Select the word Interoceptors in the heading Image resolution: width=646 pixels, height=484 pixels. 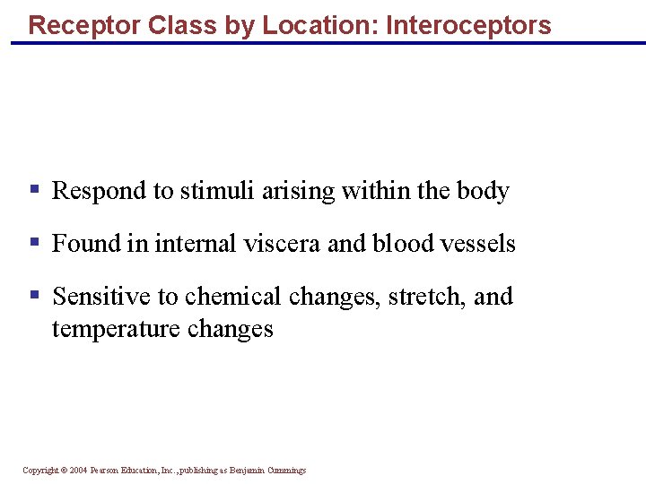pos(468,25)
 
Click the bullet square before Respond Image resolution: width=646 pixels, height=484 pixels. pos(34,189)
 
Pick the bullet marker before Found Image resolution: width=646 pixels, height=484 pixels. pos(34,242)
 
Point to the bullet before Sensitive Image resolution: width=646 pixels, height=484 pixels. pos(34,295)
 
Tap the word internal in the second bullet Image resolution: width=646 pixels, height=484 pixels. pos(186,244)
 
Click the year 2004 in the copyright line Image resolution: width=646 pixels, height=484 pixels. pos(78,471)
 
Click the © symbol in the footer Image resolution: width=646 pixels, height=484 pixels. pos(63,471)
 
